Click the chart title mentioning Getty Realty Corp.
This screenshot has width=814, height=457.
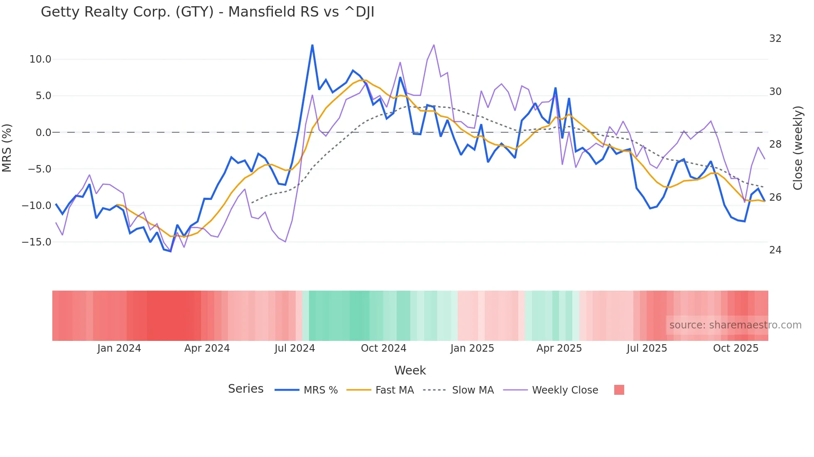(207, 12)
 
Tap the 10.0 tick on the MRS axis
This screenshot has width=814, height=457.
(40, 59)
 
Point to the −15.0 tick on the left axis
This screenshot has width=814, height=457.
(37, 242)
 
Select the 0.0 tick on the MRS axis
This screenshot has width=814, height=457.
(43, 133)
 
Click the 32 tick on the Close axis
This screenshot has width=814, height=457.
(775, 39)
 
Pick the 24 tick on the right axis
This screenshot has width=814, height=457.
(775, 250)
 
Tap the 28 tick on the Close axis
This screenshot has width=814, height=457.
(775, 144)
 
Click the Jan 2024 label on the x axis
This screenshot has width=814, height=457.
(119, 348)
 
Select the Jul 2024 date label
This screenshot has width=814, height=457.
(295, 348)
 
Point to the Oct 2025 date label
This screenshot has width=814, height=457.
(736, 348)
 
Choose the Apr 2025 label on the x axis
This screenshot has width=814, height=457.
(559, 348)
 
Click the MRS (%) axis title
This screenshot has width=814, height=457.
(7, 148)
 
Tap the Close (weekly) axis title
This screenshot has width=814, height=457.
(798, 148)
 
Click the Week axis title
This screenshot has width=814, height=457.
(410, 370)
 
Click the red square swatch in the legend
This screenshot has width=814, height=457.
(619, 390)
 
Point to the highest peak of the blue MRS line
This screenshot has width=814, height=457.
(312, 45)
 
